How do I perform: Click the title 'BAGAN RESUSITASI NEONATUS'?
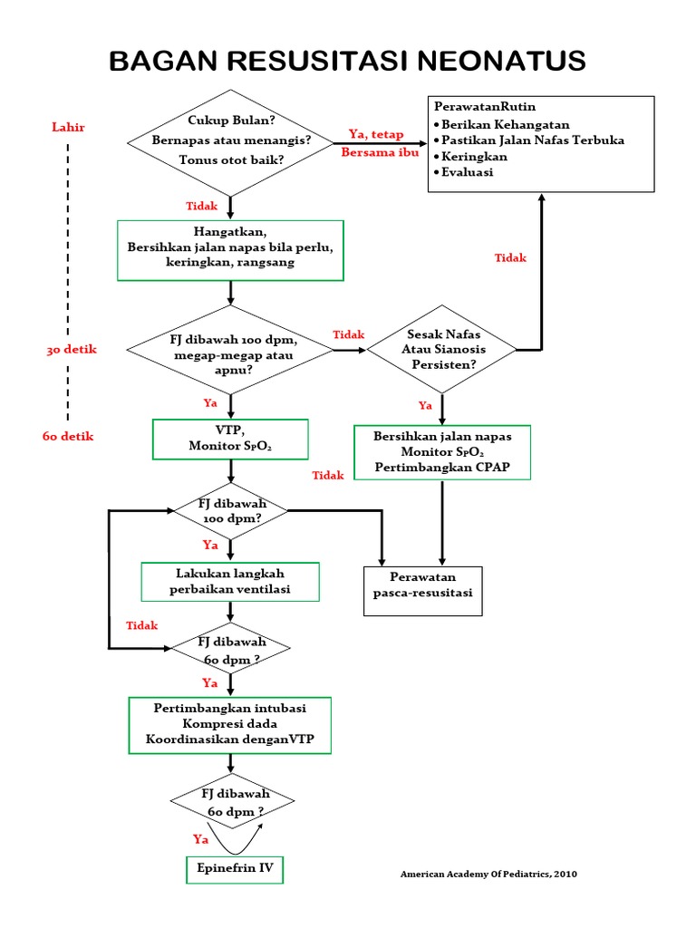coord(347,61)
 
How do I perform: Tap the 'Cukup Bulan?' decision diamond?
coord(231,141)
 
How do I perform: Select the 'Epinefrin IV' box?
coord(235,868)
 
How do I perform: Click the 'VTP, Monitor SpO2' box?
coord(231,440)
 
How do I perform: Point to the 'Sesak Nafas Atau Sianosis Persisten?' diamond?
coord(442,349)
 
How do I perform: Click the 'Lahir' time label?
coord(68,127)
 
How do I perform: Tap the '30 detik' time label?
coord(72,349)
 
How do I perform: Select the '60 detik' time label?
coord(68,436)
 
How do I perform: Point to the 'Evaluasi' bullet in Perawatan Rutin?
coord(466,172)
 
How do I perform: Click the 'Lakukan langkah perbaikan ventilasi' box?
coord(231,582)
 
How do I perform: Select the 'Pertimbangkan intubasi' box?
coord(230,725)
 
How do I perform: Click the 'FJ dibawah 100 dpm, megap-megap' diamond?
coord(231,349)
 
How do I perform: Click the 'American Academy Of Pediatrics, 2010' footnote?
coord(488,874)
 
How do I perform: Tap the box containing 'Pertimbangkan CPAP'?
coord(441,451)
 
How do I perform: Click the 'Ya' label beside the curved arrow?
coord(201,838)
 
